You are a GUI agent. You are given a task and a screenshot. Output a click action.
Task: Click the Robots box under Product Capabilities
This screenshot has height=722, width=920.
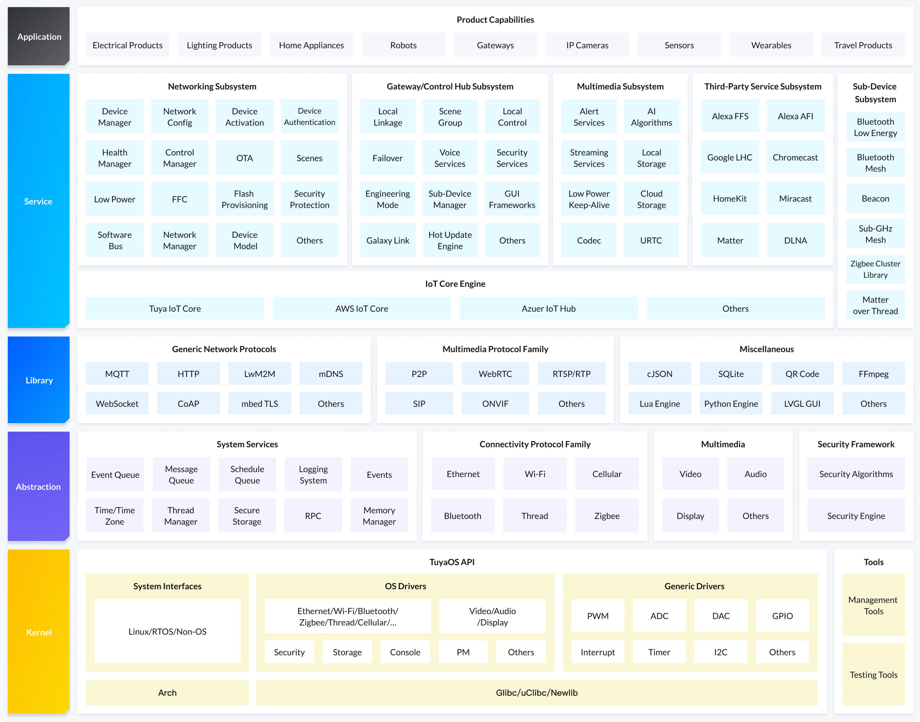[403, 45]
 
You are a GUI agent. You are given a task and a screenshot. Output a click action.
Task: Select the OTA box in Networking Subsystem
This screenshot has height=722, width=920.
[244, 158]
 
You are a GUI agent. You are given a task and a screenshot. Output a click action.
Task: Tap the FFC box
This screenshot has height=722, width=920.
[180, 199]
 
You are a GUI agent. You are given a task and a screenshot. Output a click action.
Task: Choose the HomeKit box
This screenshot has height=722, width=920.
[729, 199]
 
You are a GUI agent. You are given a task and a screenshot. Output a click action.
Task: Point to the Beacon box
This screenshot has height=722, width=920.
[875, 199]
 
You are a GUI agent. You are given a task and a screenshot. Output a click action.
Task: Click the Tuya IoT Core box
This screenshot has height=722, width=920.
[175, 308]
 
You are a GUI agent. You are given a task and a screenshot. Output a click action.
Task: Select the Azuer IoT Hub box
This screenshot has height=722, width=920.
[548, 308]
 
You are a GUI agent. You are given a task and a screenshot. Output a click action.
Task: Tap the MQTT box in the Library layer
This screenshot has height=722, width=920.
[117, 374]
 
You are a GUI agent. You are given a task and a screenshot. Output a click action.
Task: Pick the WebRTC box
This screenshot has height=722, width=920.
[495, 374]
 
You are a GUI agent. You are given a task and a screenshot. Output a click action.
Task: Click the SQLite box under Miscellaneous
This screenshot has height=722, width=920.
[731, 374]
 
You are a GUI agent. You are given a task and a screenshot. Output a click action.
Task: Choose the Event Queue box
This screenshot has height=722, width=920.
[115, 475]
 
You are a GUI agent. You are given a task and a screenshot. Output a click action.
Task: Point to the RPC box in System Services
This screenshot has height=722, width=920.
[313, 516]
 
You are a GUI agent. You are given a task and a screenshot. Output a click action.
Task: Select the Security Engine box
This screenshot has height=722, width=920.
[856, 516]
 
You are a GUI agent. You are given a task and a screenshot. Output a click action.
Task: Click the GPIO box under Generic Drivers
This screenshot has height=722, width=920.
[782, 616]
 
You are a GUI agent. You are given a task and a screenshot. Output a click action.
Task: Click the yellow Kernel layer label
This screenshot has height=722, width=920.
[38, 632]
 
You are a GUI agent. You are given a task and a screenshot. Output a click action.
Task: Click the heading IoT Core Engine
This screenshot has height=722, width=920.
[455, 284]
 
